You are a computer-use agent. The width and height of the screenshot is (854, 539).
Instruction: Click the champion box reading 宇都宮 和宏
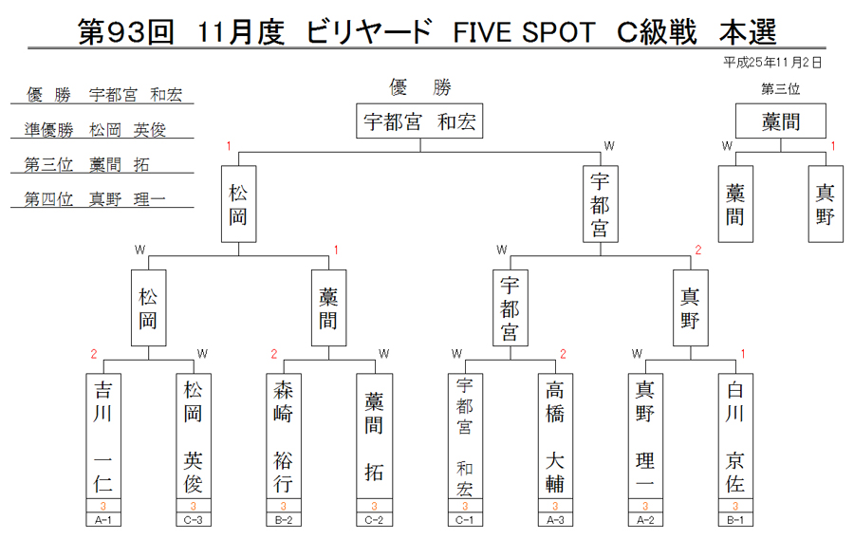pos(419,121)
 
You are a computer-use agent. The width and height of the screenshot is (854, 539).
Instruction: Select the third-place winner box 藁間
pos(781,121)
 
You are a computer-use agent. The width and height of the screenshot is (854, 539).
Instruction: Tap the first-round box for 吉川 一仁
pos(102,436)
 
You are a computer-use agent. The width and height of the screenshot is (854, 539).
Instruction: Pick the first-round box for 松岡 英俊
pos(194,436)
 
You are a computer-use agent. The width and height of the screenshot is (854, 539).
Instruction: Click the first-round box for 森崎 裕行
pos(283,436)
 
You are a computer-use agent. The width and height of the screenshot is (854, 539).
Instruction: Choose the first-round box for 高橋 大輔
pos(555,436)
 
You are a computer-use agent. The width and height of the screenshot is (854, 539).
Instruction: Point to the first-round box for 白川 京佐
pos(735,436)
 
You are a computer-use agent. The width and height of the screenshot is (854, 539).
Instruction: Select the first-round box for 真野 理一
pos(645,436)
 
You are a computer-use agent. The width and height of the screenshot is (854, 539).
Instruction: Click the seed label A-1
pos(102,520)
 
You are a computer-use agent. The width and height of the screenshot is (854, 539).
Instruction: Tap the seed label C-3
pos(194,520)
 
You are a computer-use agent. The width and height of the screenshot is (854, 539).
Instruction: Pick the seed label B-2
pos(283,520)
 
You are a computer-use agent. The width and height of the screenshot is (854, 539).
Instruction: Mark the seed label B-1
pos(735,520)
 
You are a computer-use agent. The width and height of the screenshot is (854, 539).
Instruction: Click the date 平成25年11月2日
pos(772,63)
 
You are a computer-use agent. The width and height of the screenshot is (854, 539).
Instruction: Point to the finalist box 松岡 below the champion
pos(238,204)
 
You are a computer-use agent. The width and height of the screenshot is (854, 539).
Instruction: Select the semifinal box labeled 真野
pos(691,307)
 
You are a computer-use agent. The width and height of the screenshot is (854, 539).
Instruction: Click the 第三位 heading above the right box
pos(781,89)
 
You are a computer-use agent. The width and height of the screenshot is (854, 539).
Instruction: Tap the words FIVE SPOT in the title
pos(524,32)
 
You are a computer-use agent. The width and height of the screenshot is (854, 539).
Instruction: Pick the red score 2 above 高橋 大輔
pos(563,355)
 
